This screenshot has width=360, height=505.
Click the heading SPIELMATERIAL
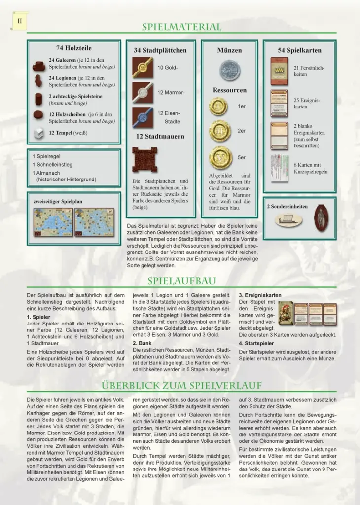pyautogui.click(x=181, y=27)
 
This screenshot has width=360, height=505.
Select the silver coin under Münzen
pyautogui.click(x=229, y=70)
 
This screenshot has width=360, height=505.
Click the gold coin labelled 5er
pyautogui.click(x=220, y=157)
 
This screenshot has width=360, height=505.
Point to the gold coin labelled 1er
pyautogui.click(x=218, y=106)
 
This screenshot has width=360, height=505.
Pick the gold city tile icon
pyautogui.click(x=143, y=68)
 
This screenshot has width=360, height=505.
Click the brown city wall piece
pyautogui.click(x=144, y=159)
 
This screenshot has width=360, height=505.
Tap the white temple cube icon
pyautogui.click(x=39, y=133)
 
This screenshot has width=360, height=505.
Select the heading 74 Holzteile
pyautogui.click(x=73, y=48)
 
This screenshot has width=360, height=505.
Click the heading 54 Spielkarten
pyautogui.click(x=299, y=50)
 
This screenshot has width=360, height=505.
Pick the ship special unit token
pyautogui.click(x=288, y=220)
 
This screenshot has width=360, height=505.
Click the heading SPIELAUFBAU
pyautogui.click(x=181, y=281)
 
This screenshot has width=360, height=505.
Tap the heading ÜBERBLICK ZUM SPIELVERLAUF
pyautogui.click(x=181, y=385)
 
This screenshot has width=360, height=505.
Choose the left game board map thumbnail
pyautogui.click(x=53, y=221)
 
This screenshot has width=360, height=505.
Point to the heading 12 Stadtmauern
pyautogui.click(x=160, y=136)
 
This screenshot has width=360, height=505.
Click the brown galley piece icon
pyautogui.click(x=39, y=66)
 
